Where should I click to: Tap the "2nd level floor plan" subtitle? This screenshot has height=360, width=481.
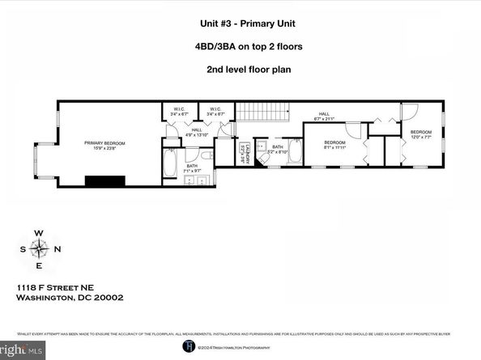pos(240,69)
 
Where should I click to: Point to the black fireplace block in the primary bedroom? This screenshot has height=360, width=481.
pos(104,181)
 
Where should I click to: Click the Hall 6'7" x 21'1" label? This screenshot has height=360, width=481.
pos(323,116)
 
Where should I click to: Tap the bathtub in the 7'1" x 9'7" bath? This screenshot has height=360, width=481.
pos(169,162)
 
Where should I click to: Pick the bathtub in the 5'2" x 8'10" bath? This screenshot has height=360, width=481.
pos(296,151)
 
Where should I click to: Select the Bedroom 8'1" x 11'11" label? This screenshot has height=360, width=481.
pos(334,146)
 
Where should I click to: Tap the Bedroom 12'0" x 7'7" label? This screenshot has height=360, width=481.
pos(420,134)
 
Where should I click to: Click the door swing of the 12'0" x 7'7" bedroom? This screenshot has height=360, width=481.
pos(410,113)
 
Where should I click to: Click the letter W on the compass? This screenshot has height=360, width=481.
pos(38,232)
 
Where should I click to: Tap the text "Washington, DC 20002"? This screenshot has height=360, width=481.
pos(69,297)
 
